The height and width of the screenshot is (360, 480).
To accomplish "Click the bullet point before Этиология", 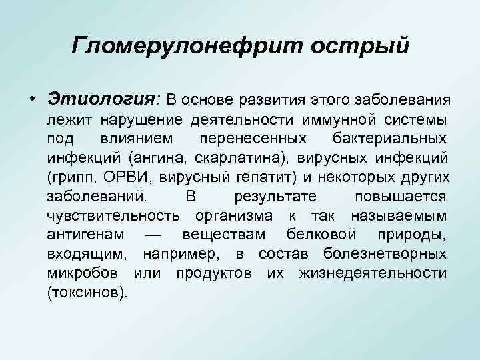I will pyautogui.click(x=33, y=99).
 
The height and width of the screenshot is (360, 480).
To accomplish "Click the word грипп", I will pyautogui.click(x=73, y=177).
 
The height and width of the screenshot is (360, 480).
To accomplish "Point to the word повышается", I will pyautogui.click(x=401, y=197).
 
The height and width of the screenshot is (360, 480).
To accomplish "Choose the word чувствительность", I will pyautogui.click(x=113, y=216).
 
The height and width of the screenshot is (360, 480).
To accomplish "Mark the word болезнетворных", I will pyautogui.click(x=385, y=255).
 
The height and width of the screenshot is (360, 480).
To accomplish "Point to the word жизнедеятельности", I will pyautogui.click(x=373, y=274).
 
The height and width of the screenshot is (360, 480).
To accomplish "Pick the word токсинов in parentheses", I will pyautogui.click(x=86, y=293).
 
